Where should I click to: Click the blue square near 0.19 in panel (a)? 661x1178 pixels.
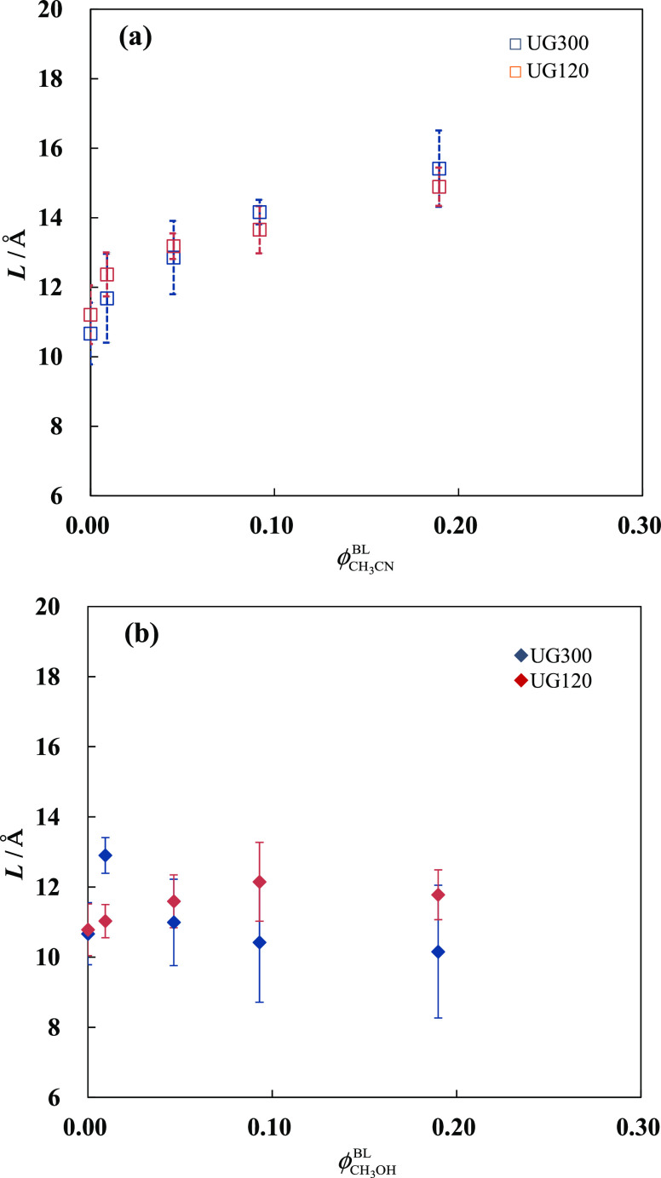pos(439,169)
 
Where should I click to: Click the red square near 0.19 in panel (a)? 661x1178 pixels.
pos(439,186)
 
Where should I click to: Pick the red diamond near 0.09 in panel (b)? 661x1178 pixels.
pos(260,882)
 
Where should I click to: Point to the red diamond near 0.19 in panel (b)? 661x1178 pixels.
pos(438,895)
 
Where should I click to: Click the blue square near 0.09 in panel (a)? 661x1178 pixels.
pos(260,212)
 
